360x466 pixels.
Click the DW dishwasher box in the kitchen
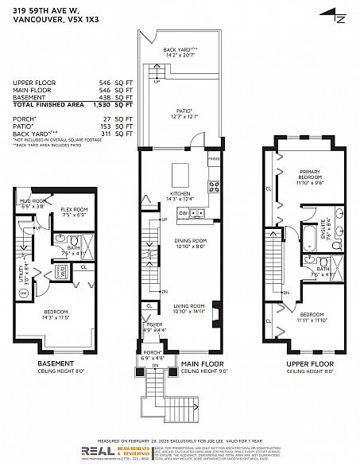[184, 214]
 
